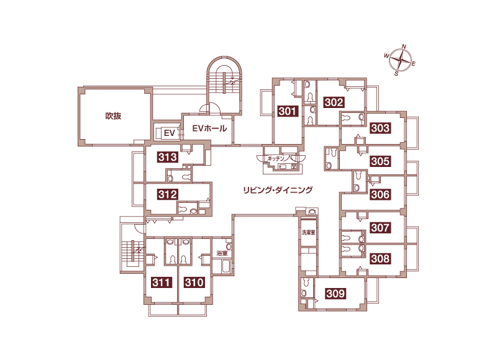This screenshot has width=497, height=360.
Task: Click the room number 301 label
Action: click(x=288, y=111)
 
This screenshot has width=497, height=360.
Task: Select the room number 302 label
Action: click(x=334, y=102)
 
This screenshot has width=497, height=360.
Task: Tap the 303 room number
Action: click(x=380, y=128)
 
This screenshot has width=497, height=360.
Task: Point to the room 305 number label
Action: click(x=380, y=161)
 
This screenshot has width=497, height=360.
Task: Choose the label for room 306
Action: click(x=380, y=194)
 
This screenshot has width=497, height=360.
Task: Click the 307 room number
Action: click(x=380, y=227)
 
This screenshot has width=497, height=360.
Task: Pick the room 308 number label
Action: click(x=380, y=258)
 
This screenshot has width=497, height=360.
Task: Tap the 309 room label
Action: click(x=335, y=294)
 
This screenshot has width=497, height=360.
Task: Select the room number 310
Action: click(x=194, y=282)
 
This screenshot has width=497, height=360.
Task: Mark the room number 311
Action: click(x=162, y=282)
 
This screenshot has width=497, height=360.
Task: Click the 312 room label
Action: click(x=167, y=194)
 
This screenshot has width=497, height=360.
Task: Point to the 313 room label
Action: click(x=167, y=157)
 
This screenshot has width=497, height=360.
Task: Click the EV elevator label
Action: click(x=170, y=133)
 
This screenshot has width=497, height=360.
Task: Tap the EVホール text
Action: click(x=209, y=128)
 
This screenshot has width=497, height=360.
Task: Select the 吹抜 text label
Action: click(x=113, y=116)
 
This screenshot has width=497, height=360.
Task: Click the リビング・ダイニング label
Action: click(x=278, y=190)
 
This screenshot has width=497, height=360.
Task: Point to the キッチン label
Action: click(x=276, y=158)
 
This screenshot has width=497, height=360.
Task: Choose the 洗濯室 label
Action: click(x=308, y=232)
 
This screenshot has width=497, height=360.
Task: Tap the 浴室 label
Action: click(x=222, y=253)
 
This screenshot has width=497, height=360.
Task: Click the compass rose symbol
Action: click(x=401, y=60)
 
